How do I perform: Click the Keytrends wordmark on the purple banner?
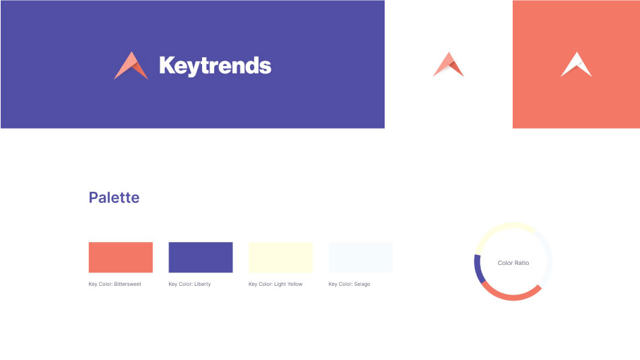(215, 66)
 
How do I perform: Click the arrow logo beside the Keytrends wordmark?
(131, 65)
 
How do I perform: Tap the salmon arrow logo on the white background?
(448, 64)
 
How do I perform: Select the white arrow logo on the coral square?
(576, 64)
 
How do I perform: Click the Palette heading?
(115, 198)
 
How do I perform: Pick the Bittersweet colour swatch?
(121, 258)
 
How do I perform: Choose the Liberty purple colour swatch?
(201, 258)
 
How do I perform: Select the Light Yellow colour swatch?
(281, 258)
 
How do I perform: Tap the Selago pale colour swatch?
(361, 258)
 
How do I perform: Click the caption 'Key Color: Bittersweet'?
(115, 284)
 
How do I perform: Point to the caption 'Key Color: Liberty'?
(190, 284)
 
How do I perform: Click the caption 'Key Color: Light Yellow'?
(276, 284)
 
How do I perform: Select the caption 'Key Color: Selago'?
(350, 284)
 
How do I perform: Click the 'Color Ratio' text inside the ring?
(513, 263)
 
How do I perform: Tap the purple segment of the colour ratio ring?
(478, 269)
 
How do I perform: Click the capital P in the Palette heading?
(94, 198)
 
